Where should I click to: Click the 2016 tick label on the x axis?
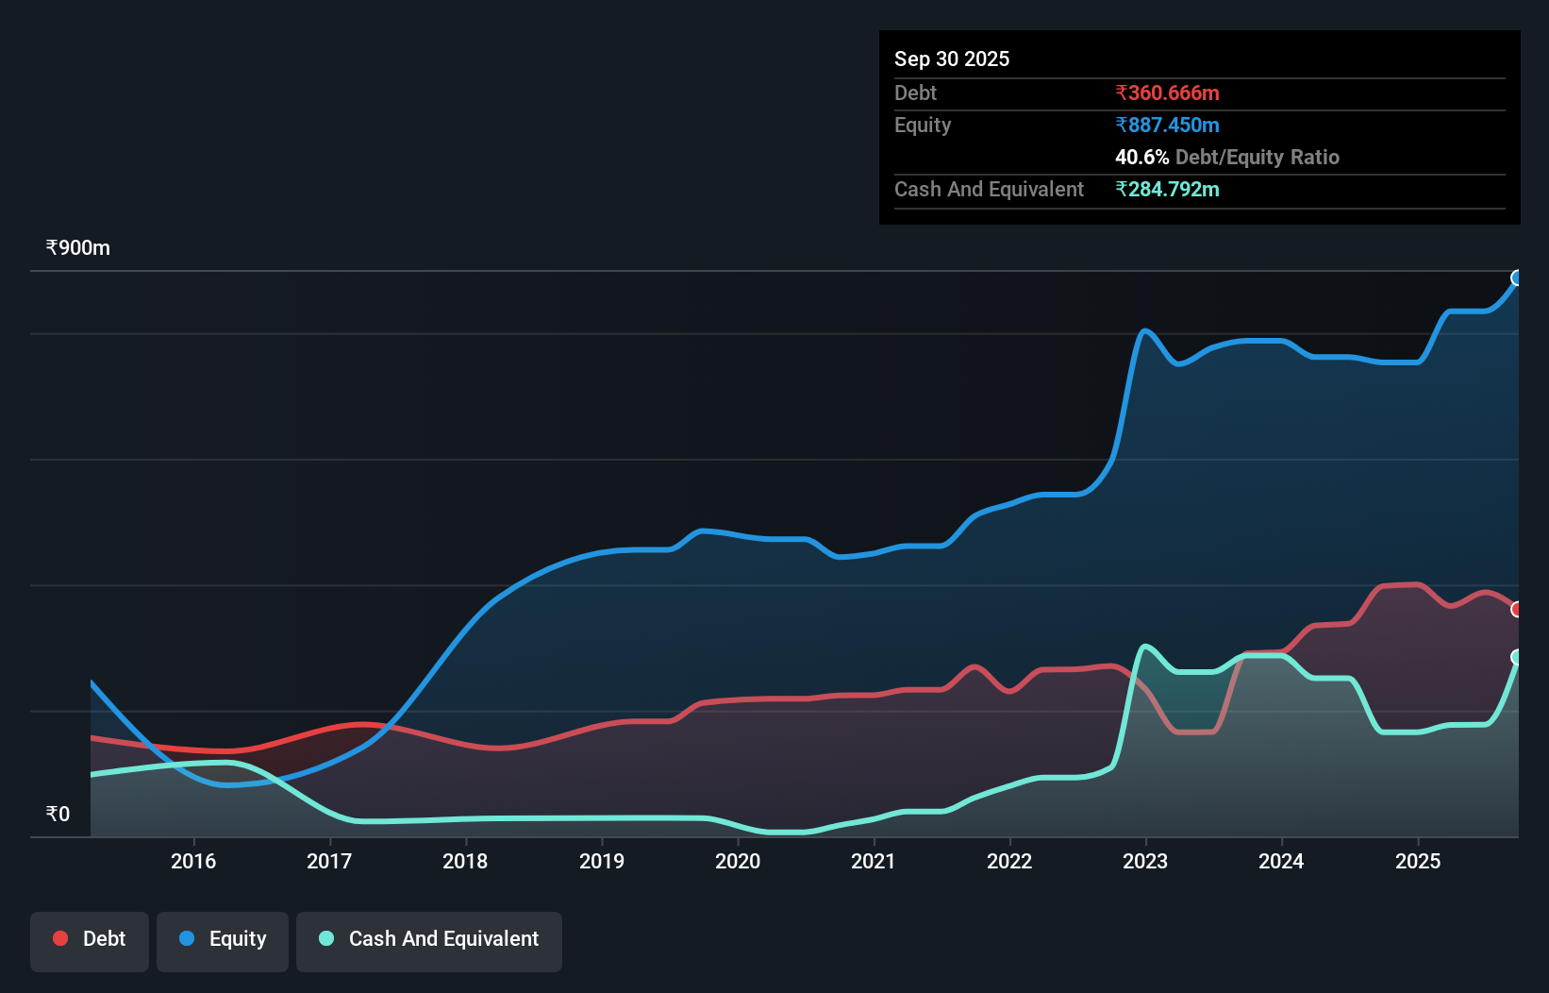(193, 861)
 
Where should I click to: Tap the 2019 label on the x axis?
(602, 861)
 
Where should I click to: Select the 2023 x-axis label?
(1145, 861)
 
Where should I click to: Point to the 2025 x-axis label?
(1418, 861)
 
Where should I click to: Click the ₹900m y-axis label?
(78, 248)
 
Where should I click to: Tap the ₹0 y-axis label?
(58, 814)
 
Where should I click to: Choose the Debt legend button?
(90, 939)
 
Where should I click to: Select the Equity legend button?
(223, 939)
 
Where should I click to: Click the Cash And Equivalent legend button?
(429, 939)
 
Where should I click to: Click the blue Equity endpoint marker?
(1517, 278)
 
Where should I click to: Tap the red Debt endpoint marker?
(1517, 610)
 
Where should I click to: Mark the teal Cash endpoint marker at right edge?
(1517, 657)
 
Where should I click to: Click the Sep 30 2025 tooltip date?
(952, 59)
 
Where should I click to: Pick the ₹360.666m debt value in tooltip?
(1167, 93)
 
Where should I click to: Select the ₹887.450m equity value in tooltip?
(1167, 125)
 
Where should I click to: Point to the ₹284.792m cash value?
(1167, 189)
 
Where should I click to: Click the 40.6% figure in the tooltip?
(1141, 157)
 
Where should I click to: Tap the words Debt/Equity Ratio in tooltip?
(1258, 157)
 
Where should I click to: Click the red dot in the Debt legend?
(60, 938)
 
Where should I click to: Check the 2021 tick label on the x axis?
(874, 861)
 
